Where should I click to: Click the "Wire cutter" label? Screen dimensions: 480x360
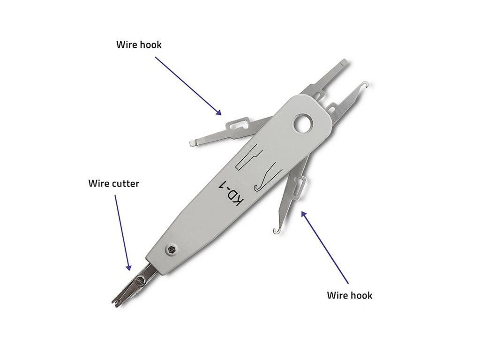click(x=113, y=184)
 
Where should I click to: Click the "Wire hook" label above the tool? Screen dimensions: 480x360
click(x=139, y=45)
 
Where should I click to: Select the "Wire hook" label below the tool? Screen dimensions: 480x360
click(x=350, y=295)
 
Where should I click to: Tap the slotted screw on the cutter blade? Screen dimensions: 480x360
click(x=141, y=279)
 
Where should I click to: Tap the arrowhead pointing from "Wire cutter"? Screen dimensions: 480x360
click(x=129, y=267)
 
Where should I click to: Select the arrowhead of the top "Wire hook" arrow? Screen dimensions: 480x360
click(x=218, y=112)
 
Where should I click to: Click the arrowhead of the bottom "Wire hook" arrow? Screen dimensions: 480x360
click(x=303, y=214)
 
